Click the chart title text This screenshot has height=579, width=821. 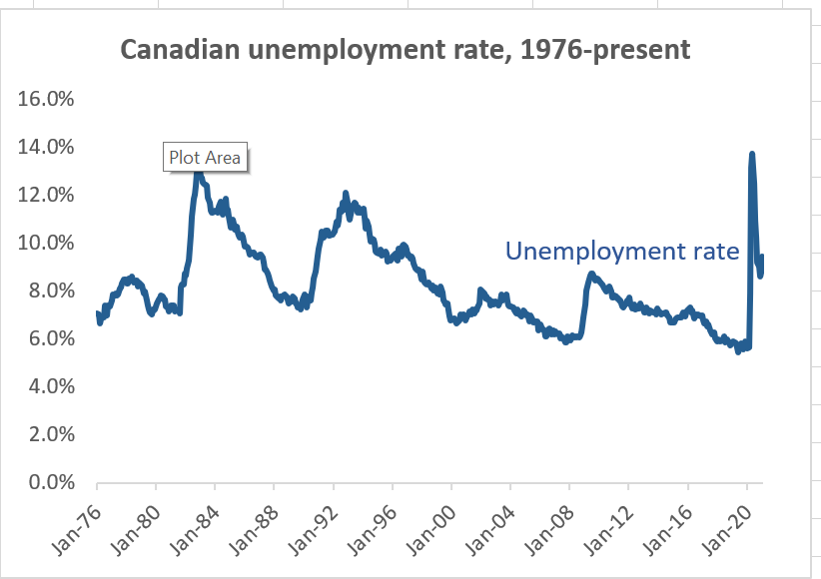click(405, 49)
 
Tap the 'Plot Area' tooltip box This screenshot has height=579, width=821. click(204, 157)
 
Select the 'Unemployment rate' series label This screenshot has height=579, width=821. click(622, 251)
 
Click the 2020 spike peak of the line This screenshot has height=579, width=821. click(751, 154)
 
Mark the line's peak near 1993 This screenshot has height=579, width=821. click(345, 194)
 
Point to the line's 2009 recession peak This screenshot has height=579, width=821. click(591, 274)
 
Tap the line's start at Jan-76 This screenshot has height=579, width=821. click(97, 314)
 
